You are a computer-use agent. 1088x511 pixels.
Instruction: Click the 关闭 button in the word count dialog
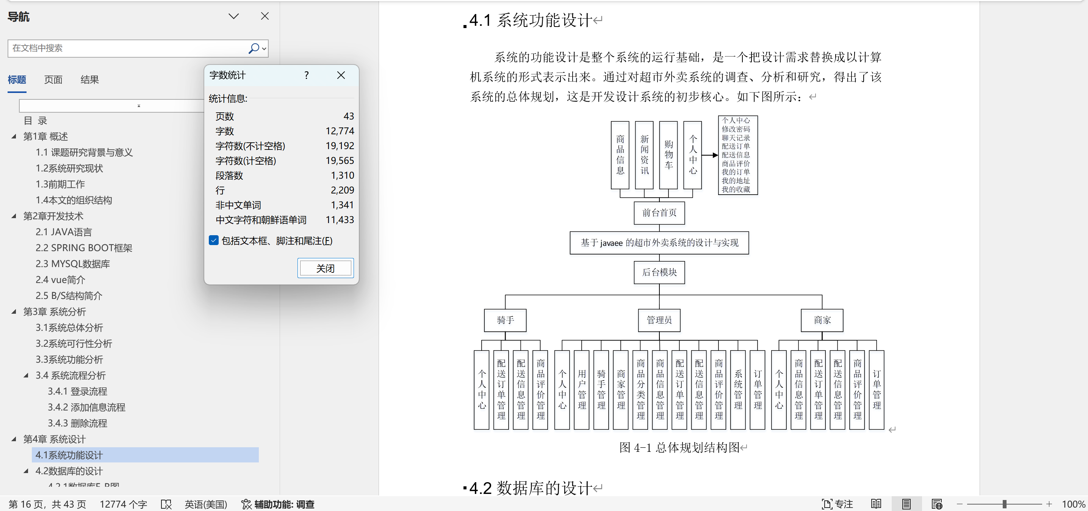click(325, 268)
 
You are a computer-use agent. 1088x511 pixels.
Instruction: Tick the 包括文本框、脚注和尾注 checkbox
click(214, 241)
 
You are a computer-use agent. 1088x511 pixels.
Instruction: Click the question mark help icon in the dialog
click(307, 75)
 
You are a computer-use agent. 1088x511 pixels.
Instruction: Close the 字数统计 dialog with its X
click(341, 75)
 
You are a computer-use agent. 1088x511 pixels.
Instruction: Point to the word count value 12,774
click(340, 131)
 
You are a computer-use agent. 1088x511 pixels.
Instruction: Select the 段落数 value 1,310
click(342, 175)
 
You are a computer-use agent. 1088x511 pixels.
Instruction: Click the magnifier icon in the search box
click(254, 48)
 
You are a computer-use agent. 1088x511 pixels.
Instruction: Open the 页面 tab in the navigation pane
click(53, 79)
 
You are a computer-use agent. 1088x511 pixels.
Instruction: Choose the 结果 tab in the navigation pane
click(89, 79)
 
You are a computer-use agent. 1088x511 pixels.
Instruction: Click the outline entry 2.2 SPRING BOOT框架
click(84, 248)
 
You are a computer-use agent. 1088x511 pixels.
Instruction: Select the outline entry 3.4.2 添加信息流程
click(86, 407)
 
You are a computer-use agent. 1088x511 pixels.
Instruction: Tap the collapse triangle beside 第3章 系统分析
click(14, 311)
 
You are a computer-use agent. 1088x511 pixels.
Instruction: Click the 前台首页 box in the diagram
click(659, 212)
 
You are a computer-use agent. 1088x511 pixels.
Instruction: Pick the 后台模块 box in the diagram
click(659, 272)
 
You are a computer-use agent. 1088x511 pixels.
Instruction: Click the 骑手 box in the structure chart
click(505, 320)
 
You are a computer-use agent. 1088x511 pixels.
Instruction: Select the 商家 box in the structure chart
click(822, 320)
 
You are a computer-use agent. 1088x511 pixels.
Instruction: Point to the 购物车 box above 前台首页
click(668, 155)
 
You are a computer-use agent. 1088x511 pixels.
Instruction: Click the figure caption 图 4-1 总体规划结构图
click(679, 447)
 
